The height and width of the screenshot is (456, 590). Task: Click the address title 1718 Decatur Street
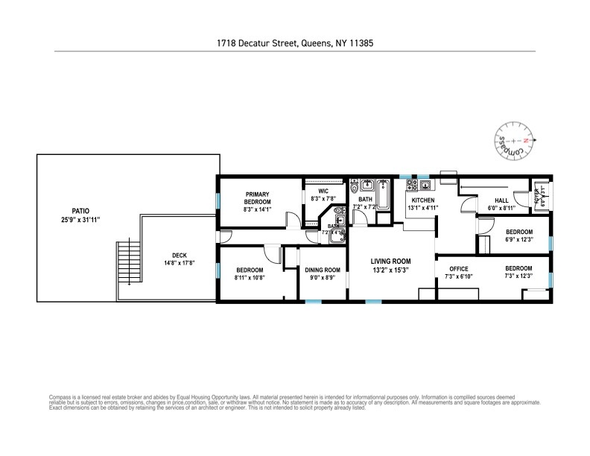pos(295,43)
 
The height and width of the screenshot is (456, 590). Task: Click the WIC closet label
pos(323,191)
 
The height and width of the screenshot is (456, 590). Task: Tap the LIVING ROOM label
pos(392,261)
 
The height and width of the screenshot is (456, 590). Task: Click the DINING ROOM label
pos(323,270)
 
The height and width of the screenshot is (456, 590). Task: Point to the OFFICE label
pos(457,268)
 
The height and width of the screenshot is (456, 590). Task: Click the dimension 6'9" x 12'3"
pos(518,239)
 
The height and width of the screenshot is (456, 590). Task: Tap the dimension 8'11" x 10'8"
pos(250,277)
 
